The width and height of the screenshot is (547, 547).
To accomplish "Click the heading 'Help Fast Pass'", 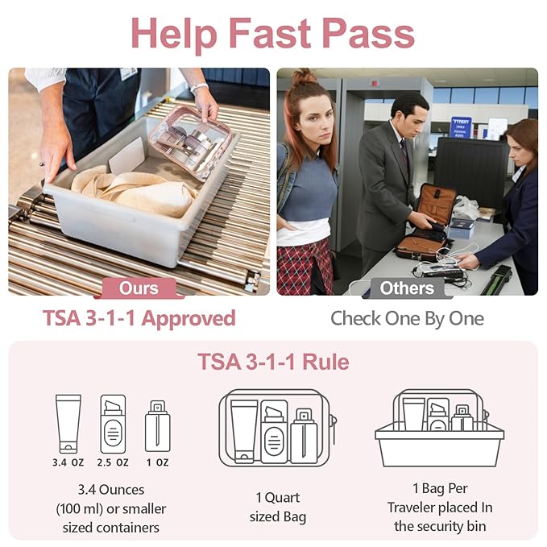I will pos(272,33).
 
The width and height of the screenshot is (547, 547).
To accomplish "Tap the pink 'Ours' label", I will pos(139,288).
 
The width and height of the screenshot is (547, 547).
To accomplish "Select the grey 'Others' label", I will pos(407,288).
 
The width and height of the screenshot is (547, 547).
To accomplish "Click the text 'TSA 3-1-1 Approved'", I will pos(139,318).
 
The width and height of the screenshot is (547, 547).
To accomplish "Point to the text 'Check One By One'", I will pos(407,318).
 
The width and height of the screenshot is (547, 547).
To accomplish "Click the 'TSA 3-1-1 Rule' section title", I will pos(273,362).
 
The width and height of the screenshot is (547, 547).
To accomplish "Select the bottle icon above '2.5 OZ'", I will pos(113,424).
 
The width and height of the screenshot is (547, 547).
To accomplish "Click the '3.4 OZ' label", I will pos(68,462).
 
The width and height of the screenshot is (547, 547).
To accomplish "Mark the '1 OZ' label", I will pos(157,462).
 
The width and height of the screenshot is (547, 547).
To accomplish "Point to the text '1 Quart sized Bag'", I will pos(273,508).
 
